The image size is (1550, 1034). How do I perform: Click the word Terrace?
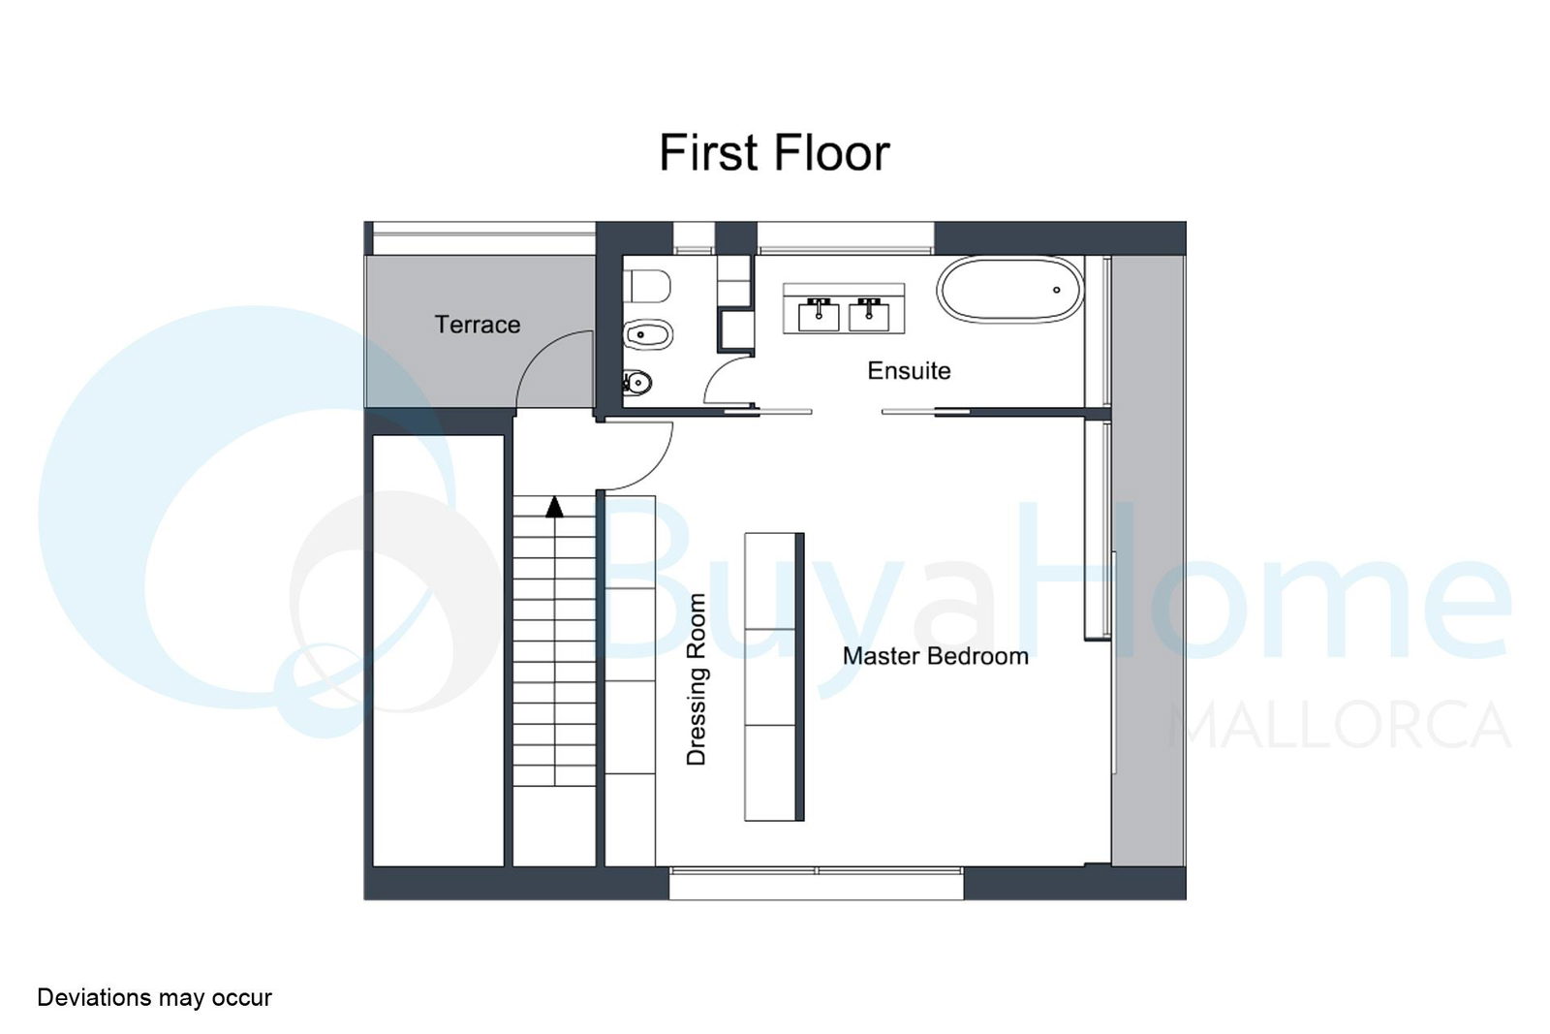click(x=477, y=325)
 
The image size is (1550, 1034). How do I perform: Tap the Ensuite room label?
click(x=909, y=371)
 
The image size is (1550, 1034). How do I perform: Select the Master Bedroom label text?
click(x=936, y=656)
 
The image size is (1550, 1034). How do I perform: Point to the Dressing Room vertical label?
click(x=696, y=679)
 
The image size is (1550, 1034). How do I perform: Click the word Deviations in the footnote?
click(x=95, y=997)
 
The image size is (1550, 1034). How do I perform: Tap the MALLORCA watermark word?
click(x=1340, y=725)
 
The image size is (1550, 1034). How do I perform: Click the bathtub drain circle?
click(x=1057, y=290)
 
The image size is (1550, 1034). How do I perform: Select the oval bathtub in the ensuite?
click(x=1009, y=290)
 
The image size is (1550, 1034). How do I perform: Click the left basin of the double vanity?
click(x=819, y=315)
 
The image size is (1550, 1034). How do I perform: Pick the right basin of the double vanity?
click(x=869, y=315)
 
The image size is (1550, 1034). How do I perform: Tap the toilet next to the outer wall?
click(x=647, y=286)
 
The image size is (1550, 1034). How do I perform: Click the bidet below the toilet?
click(x=647, y=335)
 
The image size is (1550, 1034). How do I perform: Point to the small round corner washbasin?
click(x=637, y=382)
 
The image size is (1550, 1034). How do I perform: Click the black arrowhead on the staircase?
click(x=554, y=507)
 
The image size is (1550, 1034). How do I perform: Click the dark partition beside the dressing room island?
click(x=799, y=676)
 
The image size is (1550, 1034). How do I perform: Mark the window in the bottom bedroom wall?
click(x=817, y=883)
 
